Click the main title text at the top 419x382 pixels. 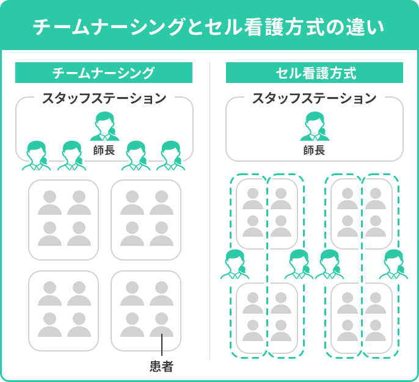[209, 27]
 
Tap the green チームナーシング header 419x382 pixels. [103, 73]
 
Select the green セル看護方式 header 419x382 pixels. [315, 73]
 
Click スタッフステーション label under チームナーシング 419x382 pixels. [104, 98]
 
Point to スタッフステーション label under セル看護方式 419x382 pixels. [315, 98]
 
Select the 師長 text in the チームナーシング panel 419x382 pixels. [104, 150]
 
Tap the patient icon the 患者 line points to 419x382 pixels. [161, 324]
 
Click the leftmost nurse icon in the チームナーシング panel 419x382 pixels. [37, 156]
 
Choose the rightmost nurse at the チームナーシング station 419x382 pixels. [170, 156]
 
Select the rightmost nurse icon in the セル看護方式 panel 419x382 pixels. [394, 264]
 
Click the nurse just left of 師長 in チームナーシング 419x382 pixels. [72, 156]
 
